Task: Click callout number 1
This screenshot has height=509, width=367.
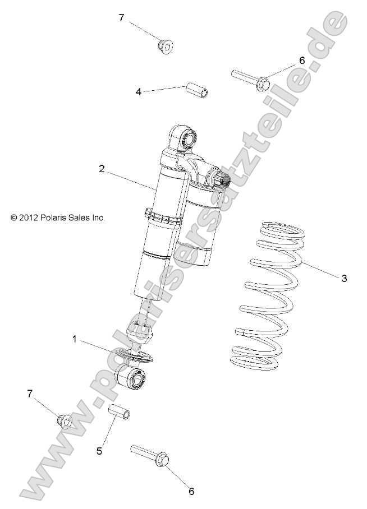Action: pyautogui.click(x=74, y=338)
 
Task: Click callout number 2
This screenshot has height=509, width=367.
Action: pyautogui.click(x=102, y=168)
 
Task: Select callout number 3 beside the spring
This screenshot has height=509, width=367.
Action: pyautogui.click(x=344, y=279)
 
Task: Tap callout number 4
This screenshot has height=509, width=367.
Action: pyautogui.click(x=138, y=91)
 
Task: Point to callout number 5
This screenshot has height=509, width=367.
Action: pyautogui.click(x=99, y=450)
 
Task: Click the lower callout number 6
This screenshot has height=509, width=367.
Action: pyautogui.click(x=191, y=492)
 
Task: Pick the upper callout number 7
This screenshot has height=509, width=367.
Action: pyautogui.click(x=121, y=17)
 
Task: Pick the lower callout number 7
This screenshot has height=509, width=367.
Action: pyautogui.click(x=30, y=394)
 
